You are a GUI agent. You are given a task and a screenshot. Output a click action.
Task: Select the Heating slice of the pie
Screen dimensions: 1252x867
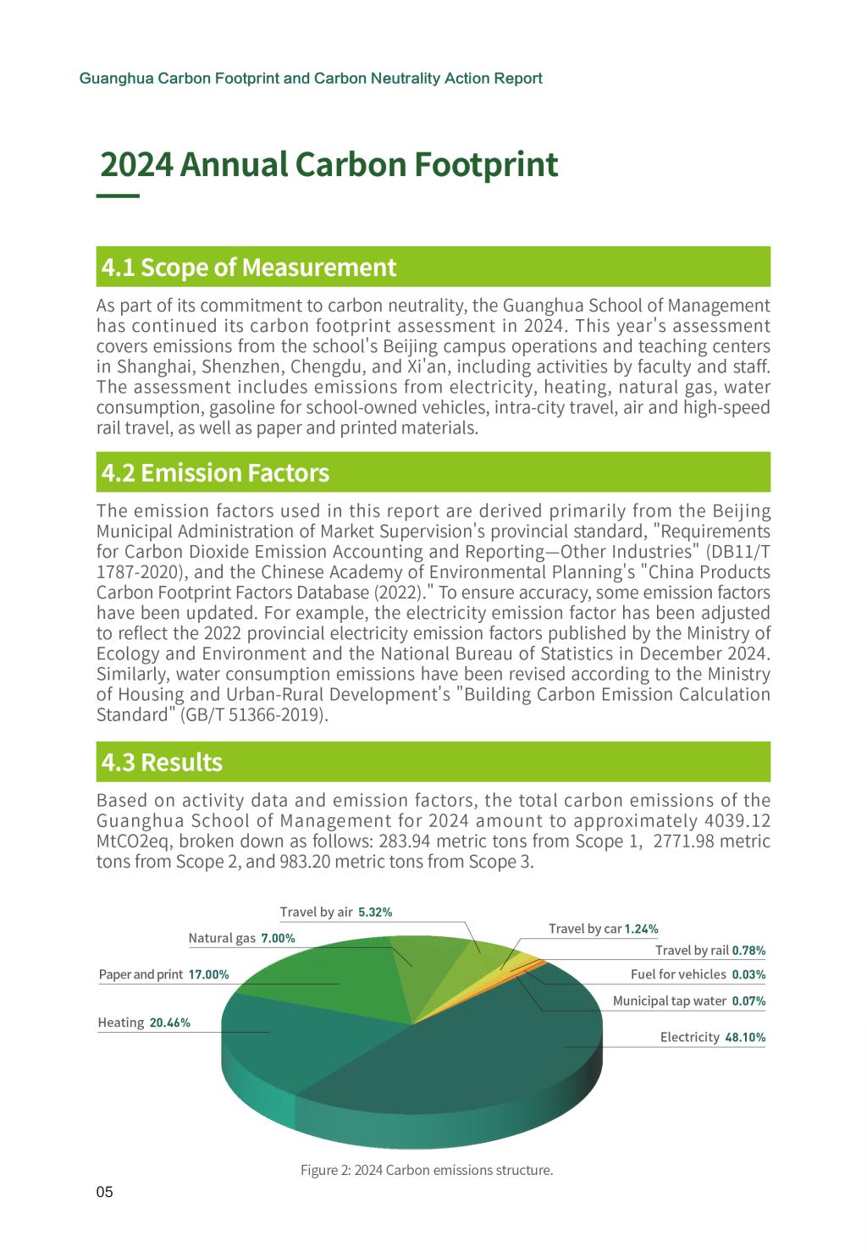pos(279,1041)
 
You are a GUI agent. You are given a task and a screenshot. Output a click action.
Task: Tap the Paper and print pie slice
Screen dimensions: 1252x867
pos(322,982)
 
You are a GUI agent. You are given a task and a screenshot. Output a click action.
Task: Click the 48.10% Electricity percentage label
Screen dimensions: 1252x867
pos(745,1037)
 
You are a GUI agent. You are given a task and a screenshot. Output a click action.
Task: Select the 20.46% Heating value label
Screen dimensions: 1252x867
pos(169,1023)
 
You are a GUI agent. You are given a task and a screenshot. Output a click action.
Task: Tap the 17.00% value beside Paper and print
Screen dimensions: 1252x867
pos(208,974)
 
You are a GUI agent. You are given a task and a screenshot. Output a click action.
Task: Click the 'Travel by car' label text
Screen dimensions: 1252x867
pos(585,929)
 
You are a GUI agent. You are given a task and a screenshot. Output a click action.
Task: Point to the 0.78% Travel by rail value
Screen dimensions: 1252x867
pos(748,951)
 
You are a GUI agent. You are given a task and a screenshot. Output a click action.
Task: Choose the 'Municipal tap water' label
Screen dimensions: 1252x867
pos(669,1001)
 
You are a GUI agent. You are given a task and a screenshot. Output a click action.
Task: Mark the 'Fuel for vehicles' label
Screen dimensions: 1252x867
pos(678,974)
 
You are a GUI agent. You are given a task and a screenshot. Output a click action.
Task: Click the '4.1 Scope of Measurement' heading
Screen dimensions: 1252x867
pos(248,267)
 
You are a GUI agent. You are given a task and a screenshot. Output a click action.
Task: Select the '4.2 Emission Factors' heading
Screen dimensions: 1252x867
pos(215,472)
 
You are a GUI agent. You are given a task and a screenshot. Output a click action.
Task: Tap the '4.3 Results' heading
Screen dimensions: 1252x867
pos(162,762)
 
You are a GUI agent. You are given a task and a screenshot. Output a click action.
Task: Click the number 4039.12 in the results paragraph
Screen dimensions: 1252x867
pos(737,821)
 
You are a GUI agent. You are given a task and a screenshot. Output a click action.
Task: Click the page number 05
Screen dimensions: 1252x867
pos(104,1193)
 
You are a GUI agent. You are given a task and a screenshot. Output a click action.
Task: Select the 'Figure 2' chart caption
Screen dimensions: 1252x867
pos(427,1171)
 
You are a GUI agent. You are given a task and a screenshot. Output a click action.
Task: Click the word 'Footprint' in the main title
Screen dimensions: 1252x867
pos(486,164)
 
